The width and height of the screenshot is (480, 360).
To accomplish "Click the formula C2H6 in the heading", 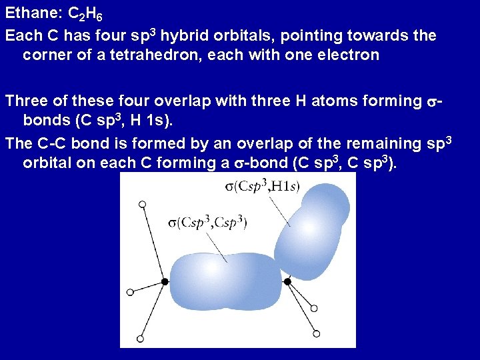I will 85,14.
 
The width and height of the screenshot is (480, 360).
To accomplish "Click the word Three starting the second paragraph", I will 25,101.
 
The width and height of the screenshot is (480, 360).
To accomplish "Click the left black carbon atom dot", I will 165,282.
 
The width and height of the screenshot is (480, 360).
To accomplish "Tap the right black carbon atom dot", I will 287,282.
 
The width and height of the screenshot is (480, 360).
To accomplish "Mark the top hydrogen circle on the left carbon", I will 142,203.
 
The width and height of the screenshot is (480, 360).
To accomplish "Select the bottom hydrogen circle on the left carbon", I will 139,339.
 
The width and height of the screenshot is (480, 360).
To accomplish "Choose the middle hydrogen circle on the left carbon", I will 130,292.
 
